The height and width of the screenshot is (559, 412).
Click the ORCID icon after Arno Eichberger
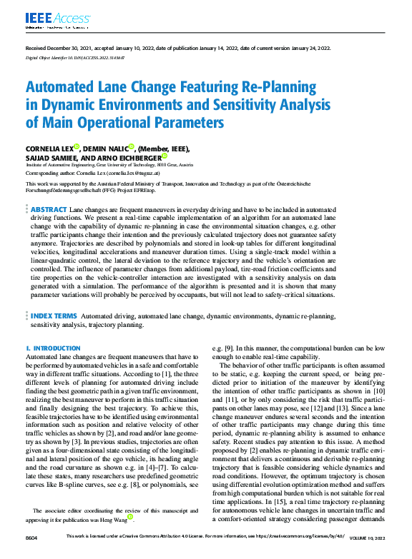pyautogui.click(x=165, y=156)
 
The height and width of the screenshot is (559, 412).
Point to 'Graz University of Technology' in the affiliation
pyautogui.click(x=144, y=164)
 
